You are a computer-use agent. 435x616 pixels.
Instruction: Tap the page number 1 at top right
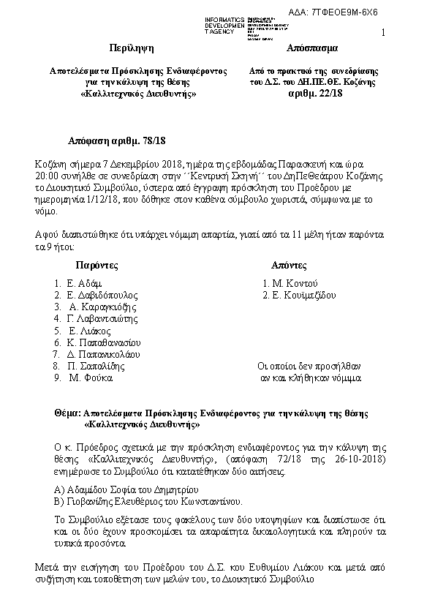tap(383, 32)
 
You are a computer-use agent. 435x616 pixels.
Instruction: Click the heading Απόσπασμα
tap(312, 49)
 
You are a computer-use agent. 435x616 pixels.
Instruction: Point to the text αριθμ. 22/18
tap(311, 94)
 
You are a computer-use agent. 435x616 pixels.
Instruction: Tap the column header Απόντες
tap(289, 264)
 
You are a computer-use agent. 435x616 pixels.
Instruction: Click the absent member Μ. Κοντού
tap(292, 283)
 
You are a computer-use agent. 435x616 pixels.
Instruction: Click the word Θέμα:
tap(69, 413)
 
